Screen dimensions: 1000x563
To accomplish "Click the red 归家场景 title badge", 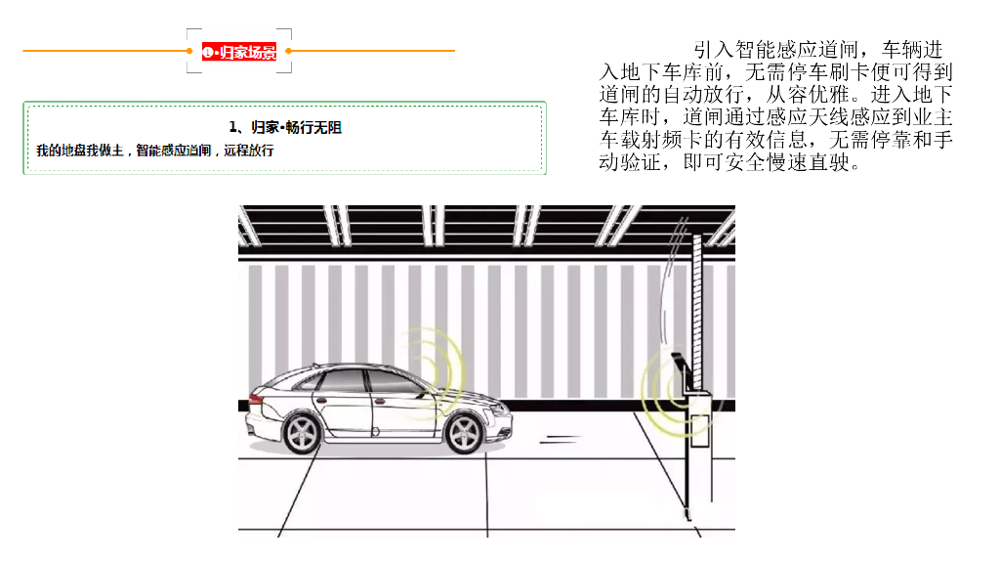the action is [x=239, y=52].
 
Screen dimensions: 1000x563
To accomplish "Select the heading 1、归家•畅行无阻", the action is [x=285, y=127].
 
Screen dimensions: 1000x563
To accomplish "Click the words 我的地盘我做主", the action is [x=79, y=151].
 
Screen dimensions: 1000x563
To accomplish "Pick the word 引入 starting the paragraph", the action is [x=710, y=50].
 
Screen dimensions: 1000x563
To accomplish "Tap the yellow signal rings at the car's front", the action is [x=439, y=371].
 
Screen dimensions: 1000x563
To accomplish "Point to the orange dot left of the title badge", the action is [x=189, y=51].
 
